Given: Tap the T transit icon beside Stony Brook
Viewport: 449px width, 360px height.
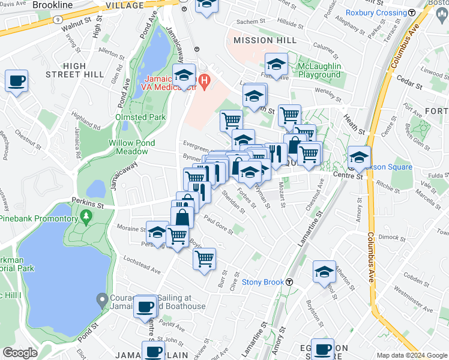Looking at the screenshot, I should (289, 282).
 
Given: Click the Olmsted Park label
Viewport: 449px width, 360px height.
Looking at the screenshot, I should (137, 118).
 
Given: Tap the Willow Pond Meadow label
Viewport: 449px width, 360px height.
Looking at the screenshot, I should (131, 147).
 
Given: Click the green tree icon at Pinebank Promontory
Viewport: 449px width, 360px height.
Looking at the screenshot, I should (87, 215).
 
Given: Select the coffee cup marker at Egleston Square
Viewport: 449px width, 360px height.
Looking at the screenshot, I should (322, 349).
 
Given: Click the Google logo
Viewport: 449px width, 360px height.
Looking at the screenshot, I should (20, 353).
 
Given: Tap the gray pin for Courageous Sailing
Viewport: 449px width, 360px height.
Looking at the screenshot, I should (102, 298).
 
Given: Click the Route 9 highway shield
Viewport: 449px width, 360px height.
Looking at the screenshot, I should (56, 19).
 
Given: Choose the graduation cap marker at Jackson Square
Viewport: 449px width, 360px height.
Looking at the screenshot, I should (359, 157).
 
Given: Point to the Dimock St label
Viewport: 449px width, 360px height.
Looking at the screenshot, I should (393, 237).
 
